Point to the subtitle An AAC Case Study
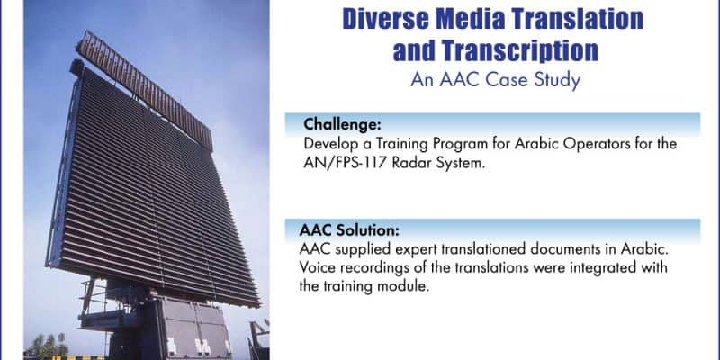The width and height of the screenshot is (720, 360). [x=496, y=80]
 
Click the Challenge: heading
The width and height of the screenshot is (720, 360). [x=342, y=124]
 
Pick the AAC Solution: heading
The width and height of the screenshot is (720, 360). [x=349, y=229]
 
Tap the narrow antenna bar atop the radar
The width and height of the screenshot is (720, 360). [x=145, y=91]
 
